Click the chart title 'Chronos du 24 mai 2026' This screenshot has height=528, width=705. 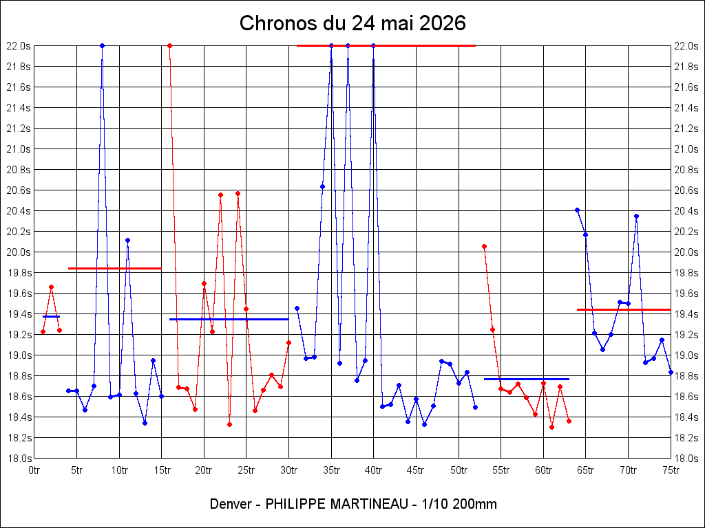pyautogui.click(x=352, y=23)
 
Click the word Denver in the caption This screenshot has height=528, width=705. pyautogui.click(x=230, y=504)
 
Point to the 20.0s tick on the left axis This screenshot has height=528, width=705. pyautogui.click(x=19, y=252)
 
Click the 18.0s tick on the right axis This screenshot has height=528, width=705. pyautogui.click(x=686, y=459)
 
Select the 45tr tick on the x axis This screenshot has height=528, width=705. pyautogui.click(x=416, y=470)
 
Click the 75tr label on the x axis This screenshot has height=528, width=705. pyautogui.click(x=671, y=470)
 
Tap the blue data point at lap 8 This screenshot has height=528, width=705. pyautogui.click(x=102, y=46)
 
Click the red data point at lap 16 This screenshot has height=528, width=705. pyautogui.click(x=169, y=46)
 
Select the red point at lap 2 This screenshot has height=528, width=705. pyautogui.click(x=51, y=287)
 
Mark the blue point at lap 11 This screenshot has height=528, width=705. pyautogui.click(x=127, y=240)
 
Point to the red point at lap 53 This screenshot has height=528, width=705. pyautogui.click(x=484, y=247)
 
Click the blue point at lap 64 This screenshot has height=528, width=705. pyautogui.click(x=578, y=210)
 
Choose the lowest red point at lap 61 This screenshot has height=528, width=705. pyautogui.click(x=551, y=428)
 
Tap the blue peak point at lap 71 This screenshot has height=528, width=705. pyautogui.click(x=637, y=217)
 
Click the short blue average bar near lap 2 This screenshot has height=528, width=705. pyautogui.click(x=51, y=316)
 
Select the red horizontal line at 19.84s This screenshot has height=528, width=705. pyautogui.click(x=115, y=269)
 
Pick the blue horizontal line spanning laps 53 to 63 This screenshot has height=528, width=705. pyautogui.click(x=527, y=379)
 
